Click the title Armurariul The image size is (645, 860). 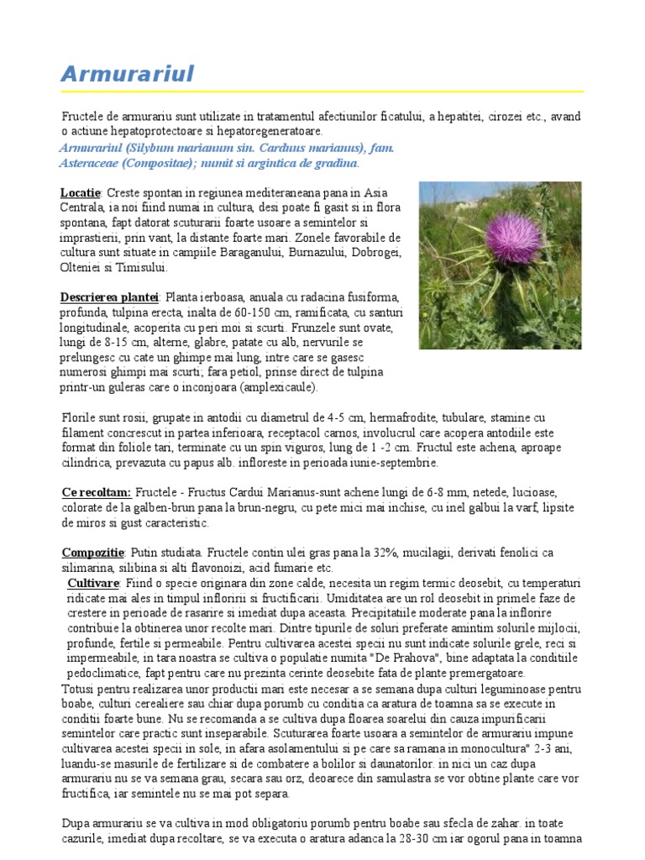127,74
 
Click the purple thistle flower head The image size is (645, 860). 487,237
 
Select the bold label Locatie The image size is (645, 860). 81,192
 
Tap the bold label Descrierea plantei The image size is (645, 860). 110,297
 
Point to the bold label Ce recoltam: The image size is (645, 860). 97,492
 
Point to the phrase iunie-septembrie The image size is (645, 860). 392,462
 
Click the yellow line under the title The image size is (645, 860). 322,92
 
